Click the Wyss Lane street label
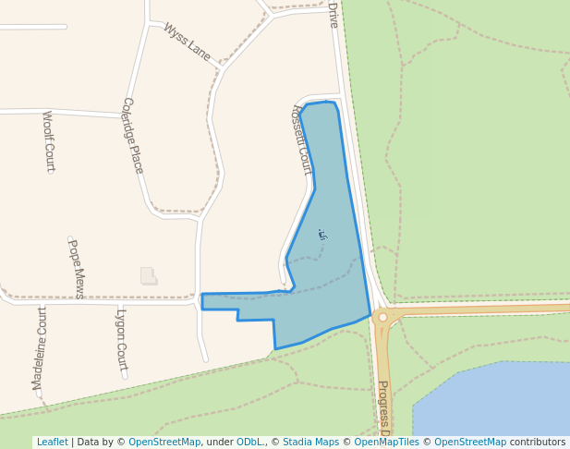point(188,42)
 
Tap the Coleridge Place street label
point(133,135)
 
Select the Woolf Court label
point(49,141)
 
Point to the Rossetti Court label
point(301,138)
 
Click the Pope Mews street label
point(77,268)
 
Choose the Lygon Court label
point(121,339)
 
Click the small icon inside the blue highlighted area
point(321,235)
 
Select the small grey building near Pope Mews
point(148,275)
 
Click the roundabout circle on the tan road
point(382,317)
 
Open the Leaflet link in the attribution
point(52,443)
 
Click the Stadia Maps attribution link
point(310,443)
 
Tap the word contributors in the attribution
point(538,443)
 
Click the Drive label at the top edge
point(334,14)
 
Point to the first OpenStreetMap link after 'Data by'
point(164,443)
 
